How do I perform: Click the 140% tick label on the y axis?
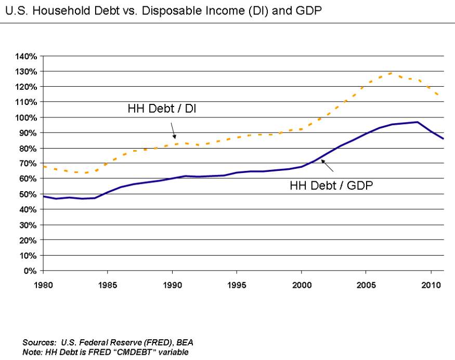26,56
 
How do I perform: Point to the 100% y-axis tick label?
26,118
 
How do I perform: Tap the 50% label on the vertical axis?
28,194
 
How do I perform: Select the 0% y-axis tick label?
30,271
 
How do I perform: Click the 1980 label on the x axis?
43,285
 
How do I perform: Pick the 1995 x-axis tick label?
237,285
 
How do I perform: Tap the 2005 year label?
366,285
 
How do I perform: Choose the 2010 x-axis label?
431,285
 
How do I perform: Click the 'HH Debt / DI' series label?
162,109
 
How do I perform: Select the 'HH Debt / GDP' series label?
331,185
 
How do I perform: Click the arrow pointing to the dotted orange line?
173,131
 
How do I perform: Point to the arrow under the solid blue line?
327,166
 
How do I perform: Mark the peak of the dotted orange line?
392,73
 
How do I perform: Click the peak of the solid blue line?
417,122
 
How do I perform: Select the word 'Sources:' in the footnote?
39,343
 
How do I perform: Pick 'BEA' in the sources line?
185,343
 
